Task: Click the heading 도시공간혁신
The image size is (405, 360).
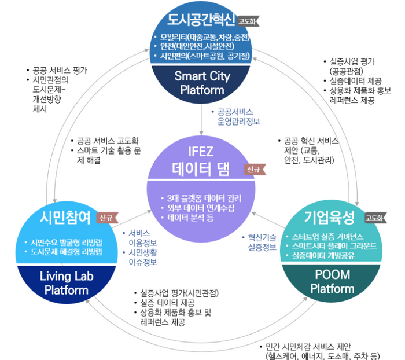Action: [x=201, y=19]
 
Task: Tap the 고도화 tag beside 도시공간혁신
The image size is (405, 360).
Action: [x=248, y=21]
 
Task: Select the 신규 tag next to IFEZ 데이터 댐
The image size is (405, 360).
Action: [x=255, y=170]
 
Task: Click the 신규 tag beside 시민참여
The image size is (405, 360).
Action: [x=107, y=218]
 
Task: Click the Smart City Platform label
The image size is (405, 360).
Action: [x=202, y=83]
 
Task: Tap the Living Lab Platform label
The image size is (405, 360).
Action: [x=67, y=283]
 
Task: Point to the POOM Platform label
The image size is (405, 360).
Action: [x=332, y=281]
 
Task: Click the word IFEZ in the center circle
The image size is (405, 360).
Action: [x=201, y=152]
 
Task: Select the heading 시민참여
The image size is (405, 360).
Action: [x=65, y=218]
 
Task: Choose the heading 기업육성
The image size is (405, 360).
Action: [x=329, y=217]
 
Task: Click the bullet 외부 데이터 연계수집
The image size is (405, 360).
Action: [x=201, y=208]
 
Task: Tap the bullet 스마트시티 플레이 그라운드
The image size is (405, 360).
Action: [x=334, y=246]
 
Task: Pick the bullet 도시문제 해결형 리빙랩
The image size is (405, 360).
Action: [x=66, y=252]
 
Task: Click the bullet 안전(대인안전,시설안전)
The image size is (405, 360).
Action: [x=197, y=46]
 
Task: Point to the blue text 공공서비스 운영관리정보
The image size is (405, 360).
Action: [x=238, y=116]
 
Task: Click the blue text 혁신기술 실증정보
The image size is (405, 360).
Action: [x=262, y=242]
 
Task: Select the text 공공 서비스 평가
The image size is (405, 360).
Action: [x=60, y=70]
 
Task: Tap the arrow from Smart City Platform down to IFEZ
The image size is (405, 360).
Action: [x=201, y=119]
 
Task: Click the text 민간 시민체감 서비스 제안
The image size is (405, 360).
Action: [x=308, y=347]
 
